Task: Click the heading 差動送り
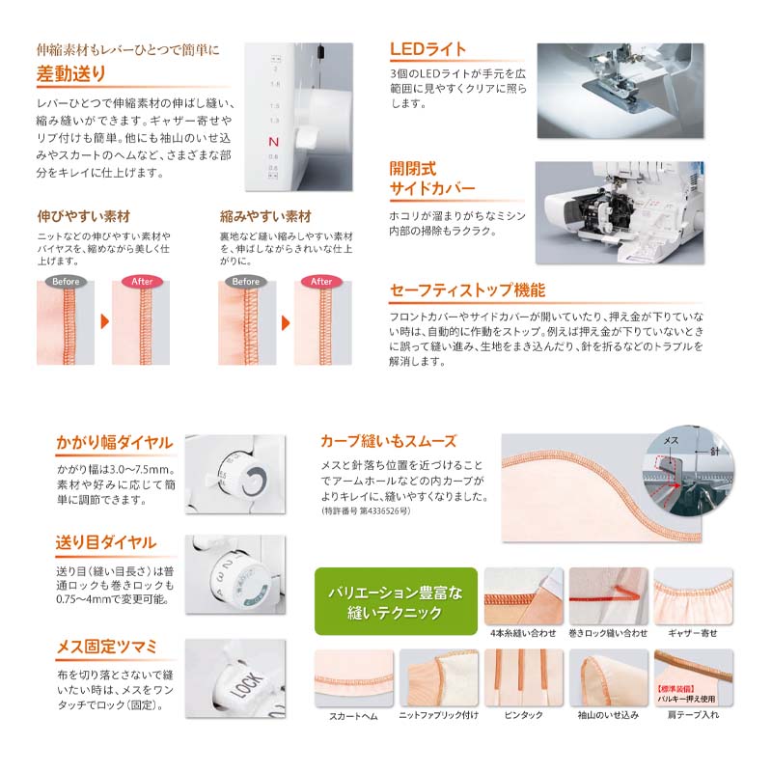71,73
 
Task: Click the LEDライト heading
427,49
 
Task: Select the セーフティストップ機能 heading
467,289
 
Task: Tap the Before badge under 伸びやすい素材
66,281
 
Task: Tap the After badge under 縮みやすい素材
321,281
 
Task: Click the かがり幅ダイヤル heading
114,443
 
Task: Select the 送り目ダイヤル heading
106,542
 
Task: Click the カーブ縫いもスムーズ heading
388,441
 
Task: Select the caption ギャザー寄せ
692,632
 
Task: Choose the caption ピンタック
522,715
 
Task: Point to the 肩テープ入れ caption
692,715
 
